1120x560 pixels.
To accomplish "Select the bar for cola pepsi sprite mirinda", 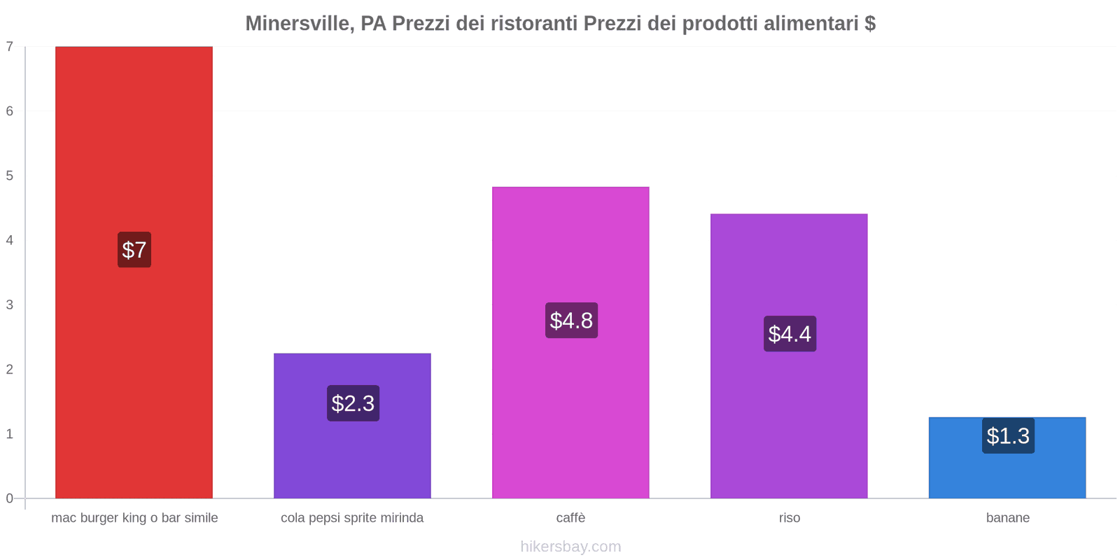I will pyautogui.click(x=352, y=455).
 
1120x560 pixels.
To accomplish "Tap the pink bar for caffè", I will pyautogui.click(x=570, y=406).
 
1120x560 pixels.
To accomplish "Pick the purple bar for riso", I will pyautogui.click(x=789, y=420).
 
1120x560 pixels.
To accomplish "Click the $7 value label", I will pyautogui.click(x=134, y=250).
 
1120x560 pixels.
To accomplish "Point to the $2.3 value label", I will pyautogui.click(x=353, y=403).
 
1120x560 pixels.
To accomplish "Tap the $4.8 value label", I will pyautogui.click(x=571, y=321).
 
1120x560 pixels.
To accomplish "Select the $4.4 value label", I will pyautogui.click(x=790, y=334).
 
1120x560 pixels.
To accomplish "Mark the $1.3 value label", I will pyautogui.click(x=1008, y=436).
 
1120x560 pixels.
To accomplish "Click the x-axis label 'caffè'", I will pyautogui.click(x=570, y=518).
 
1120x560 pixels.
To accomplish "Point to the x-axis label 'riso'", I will pyautogui.click(x=789, y=518).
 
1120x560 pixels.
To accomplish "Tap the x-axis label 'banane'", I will pyautogui.click(x=1007, y=518).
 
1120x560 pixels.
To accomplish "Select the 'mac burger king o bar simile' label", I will pyautogui.click(x=134, y=518).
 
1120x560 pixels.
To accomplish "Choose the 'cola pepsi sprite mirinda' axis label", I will pyautogui.click(x=352, y=518).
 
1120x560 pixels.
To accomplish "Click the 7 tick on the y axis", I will pyautogui.click(x=10, y=47).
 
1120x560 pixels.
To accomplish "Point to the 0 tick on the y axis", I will pyautogui.click(x=10, y=498).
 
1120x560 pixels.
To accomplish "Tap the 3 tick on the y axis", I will pyautogui.click(x=10, y=304).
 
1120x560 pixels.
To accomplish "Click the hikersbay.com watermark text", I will pyautogui.click(x=570, y=547).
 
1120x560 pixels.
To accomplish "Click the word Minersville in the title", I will pyautogui.click(x=297, y=24).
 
